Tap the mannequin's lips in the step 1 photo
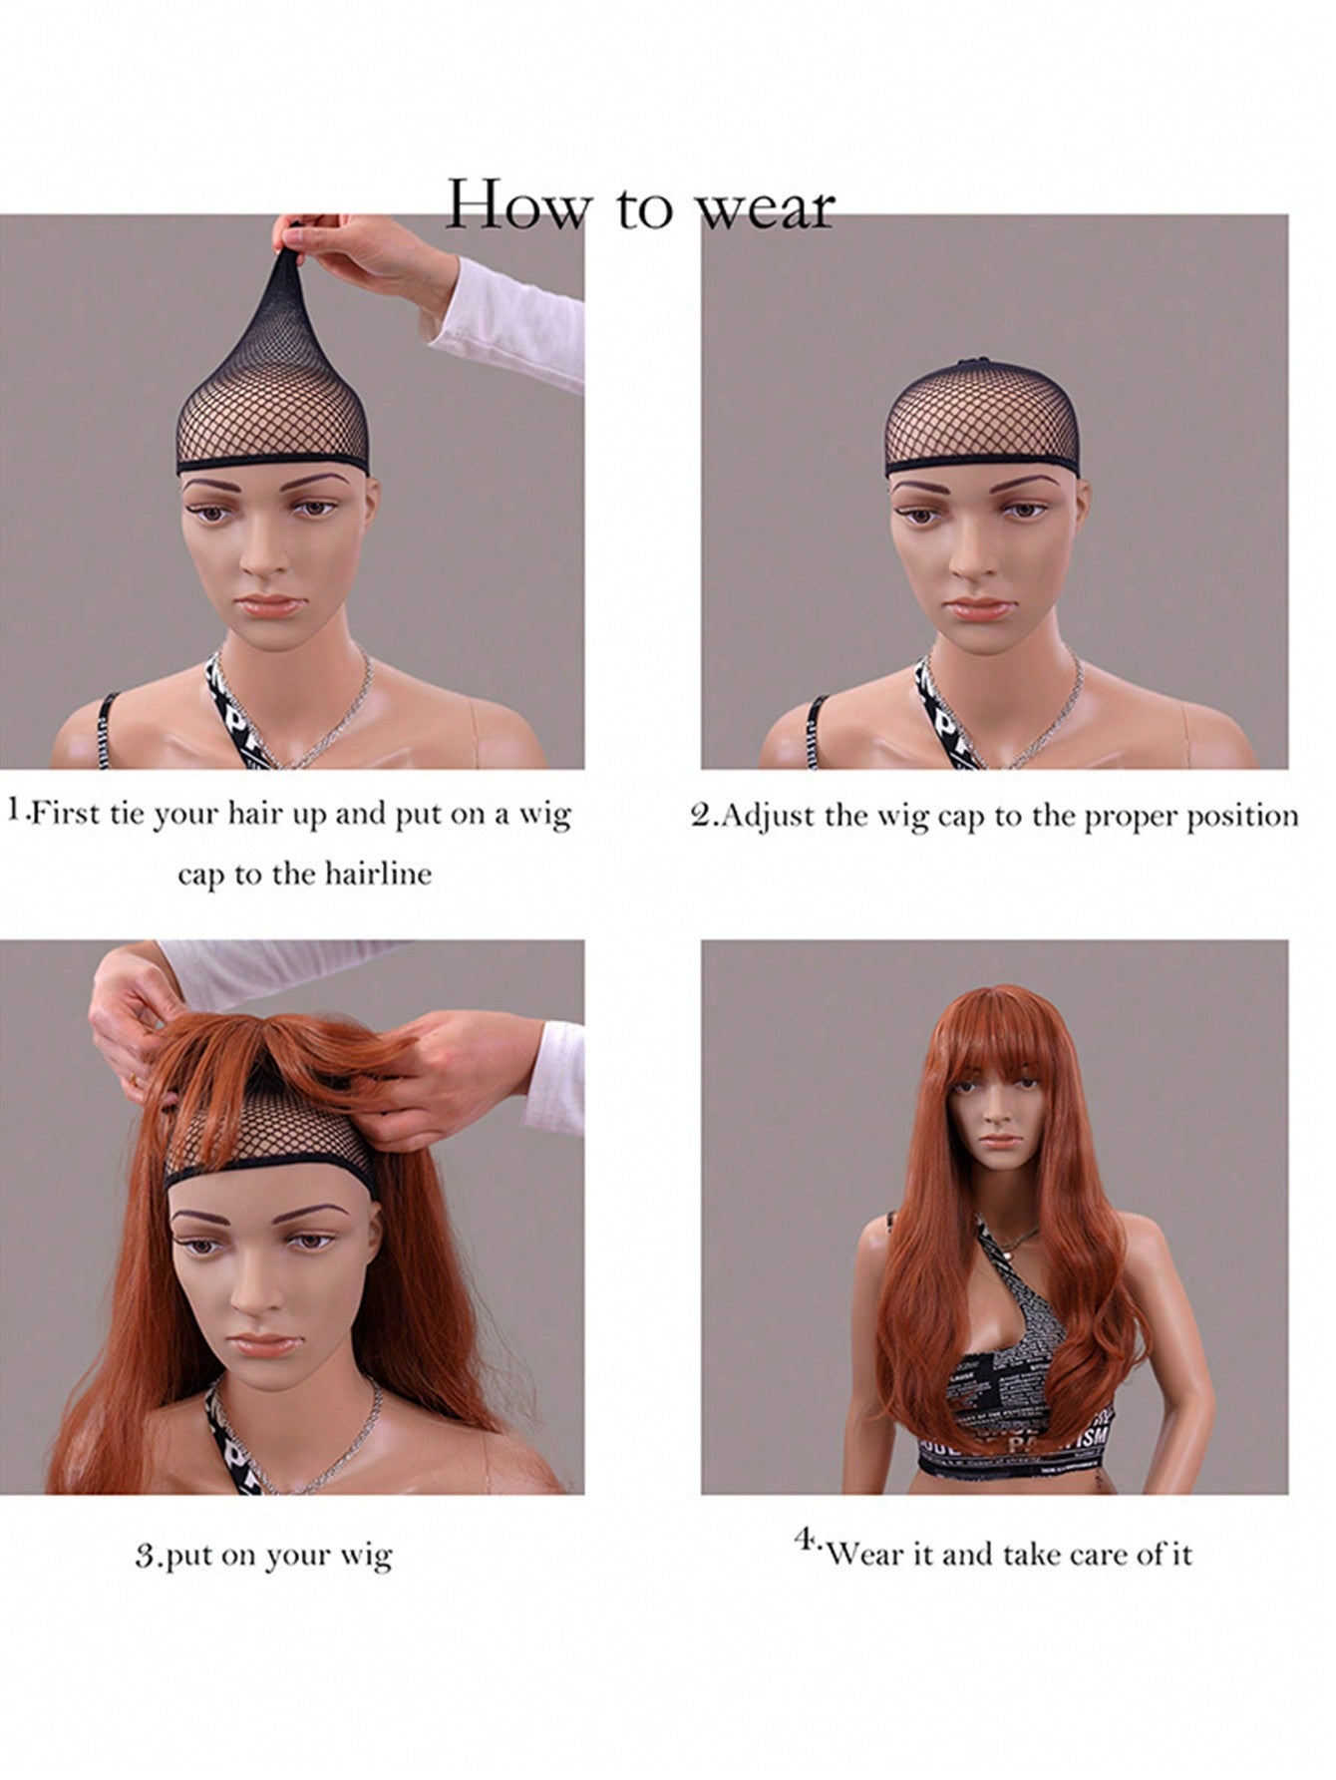(268, 605)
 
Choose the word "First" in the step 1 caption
(63, 814)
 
